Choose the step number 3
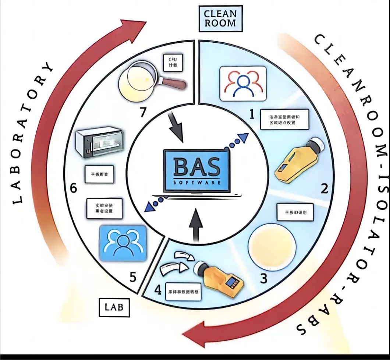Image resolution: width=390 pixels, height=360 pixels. coord(263,278)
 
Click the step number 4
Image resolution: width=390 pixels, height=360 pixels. coord(158,290)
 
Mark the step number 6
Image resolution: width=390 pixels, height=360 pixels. coord(74,189)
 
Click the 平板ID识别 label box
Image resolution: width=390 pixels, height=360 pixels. coord(294,212)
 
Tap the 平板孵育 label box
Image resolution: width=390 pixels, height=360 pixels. coord(97,174)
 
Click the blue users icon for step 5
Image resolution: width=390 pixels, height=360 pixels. coord(123,243)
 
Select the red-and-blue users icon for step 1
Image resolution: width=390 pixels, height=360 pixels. coord(242,83)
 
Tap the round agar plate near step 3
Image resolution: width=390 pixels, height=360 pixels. coord(272,245)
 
